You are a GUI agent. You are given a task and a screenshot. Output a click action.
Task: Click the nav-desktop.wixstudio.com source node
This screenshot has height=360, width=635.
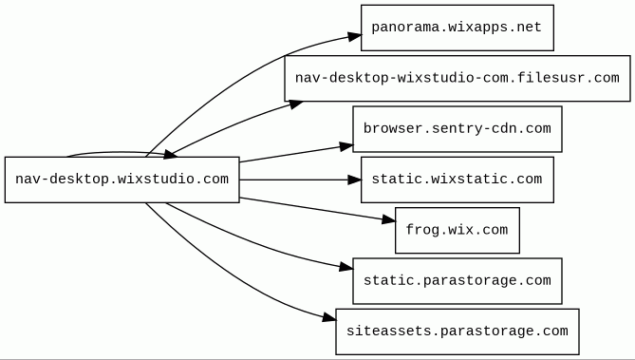coord(121,180)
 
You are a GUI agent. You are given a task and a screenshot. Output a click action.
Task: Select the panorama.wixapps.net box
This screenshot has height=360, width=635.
coord(458,28)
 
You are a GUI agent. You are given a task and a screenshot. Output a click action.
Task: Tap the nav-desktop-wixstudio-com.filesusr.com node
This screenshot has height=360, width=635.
coord(458,78)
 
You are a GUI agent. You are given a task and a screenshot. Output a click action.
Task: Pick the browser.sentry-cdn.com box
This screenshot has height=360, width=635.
coord(458,129)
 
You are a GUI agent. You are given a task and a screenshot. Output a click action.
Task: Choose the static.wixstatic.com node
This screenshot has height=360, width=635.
coord(458,180)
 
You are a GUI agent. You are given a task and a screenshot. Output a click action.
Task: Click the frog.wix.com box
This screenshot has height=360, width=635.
coord(458,230)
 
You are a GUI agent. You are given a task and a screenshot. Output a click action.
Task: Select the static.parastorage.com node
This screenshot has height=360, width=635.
coord(458,280)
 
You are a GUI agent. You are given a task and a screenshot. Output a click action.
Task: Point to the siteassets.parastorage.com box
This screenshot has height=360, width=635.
coord(458,332)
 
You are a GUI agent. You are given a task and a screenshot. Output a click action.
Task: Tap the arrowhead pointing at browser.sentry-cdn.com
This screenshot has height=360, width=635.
coord(346,146)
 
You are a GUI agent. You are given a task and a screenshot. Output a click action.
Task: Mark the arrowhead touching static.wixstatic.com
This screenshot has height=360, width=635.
coord(355,180)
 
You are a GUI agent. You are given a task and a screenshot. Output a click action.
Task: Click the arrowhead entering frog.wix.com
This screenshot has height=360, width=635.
coord(389,220)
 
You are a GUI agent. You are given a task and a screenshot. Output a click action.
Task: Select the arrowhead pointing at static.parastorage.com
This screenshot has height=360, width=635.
coord(346,267)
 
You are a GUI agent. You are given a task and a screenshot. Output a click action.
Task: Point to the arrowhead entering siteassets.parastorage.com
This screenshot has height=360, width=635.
coord(329,318)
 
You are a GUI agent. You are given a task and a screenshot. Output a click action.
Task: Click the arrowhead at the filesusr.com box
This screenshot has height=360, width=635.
coord(295,104)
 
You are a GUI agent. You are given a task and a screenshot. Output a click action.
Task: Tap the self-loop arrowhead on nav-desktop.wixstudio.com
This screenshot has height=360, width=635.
coord(170,155)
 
